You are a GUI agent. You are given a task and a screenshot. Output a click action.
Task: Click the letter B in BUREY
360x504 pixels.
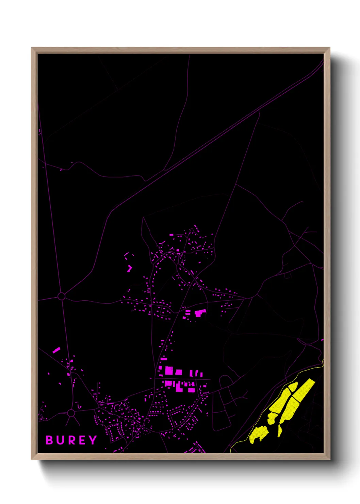pos(49,440)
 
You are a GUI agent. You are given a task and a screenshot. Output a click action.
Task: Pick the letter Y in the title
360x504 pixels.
pos(92,440)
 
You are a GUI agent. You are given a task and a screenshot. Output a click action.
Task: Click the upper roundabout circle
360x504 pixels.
pos(61,296)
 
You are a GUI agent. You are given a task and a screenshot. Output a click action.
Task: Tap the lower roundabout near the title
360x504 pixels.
pos(71,413)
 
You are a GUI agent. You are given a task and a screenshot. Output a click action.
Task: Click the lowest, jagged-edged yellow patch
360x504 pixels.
pos(259,434)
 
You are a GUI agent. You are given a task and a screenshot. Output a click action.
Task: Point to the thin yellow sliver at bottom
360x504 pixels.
pos(280,430)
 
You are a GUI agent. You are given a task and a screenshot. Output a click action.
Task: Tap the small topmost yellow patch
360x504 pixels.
pos(293,387)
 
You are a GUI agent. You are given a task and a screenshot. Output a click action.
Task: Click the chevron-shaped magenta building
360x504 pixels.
pos(129,268)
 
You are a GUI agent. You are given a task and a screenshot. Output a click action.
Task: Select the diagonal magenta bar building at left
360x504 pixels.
pos(56,350)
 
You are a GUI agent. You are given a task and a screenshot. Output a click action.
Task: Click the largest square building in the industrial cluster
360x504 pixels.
pos(169,371)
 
